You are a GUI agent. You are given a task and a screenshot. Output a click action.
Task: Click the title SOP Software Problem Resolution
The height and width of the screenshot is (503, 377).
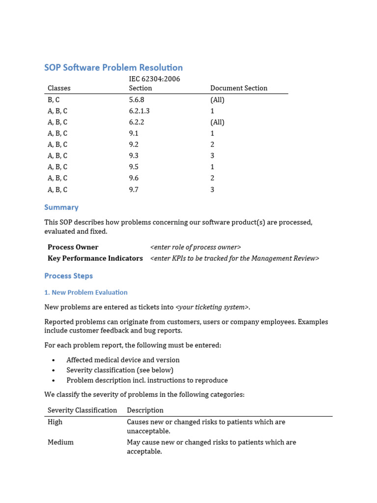pyautogui.click(x=113, y=68)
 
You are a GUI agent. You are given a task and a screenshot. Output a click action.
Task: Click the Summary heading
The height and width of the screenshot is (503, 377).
pyautogui.click(x=61, y=207)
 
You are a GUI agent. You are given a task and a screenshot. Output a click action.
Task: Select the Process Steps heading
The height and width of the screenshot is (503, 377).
pyautogui.click(x=68, y=276)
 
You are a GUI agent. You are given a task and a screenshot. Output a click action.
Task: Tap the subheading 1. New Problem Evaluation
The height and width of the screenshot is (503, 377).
pyautogui.click(x=86, y=292)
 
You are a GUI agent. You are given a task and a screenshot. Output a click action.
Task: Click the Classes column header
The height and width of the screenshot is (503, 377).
pyautogui.click(x=59, y=88)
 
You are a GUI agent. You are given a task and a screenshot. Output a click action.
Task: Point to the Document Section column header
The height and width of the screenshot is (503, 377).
pyautogui.click(x=239, y=88)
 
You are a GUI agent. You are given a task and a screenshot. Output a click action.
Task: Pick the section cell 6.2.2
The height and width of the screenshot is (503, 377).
pyautogui.click(x=136, y=122)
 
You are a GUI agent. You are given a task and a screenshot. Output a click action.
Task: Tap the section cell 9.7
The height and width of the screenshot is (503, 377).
pyautogui.click(x=134, y=190)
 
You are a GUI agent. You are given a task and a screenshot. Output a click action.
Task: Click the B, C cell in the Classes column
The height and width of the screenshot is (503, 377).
pyautogui.click(x=54, y=100)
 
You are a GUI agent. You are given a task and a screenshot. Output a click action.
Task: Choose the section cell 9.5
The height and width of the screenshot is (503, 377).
pyautogui.click(x=134, y=167)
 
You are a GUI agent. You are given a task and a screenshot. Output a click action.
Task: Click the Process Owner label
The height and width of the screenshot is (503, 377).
pyautogui.click(x=73, y=247)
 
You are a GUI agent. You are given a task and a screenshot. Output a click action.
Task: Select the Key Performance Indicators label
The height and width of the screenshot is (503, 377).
pyautogui.click(x=95, y=258)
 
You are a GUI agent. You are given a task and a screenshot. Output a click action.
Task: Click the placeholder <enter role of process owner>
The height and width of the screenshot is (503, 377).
pyautogui.click(x=195, y=247)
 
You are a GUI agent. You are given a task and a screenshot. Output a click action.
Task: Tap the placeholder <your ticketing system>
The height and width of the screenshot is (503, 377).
pyautogui.click(x=212, y=307)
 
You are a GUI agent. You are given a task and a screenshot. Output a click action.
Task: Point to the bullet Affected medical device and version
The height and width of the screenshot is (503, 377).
pyautogui.click(x=123, y=360)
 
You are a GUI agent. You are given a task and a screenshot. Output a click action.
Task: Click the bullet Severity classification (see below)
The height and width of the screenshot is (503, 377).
pyautogui.click(x=120, y=370)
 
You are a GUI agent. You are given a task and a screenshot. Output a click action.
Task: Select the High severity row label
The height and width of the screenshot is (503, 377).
pyautogui.click(x=55, y=422)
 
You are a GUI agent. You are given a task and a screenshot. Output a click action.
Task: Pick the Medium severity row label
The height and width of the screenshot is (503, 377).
pyautogui.click(x=60, y=442)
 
